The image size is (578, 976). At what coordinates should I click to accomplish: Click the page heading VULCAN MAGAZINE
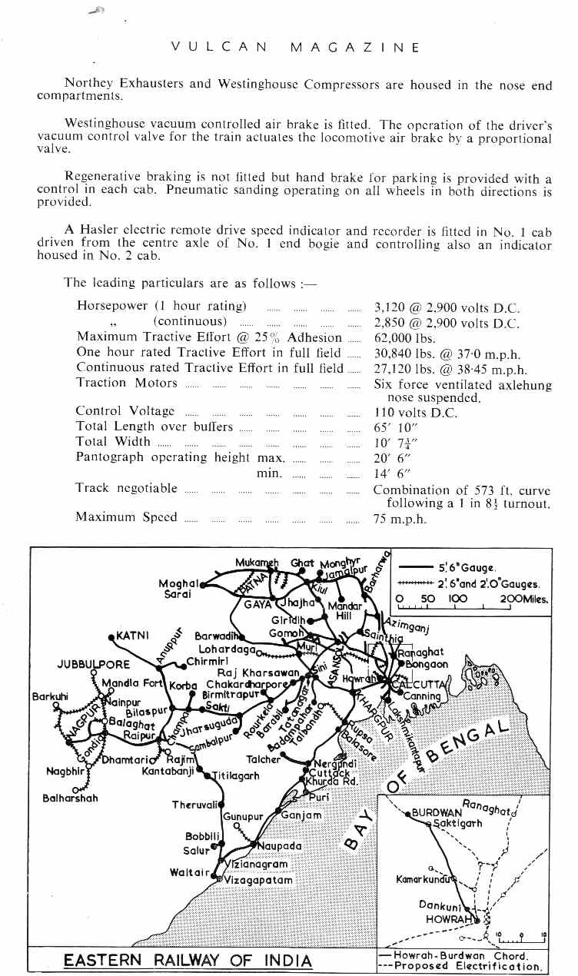pos(295,47)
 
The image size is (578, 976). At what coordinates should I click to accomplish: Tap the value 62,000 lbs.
pos(405,337)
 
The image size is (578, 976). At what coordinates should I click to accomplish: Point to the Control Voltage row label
pos(125,412)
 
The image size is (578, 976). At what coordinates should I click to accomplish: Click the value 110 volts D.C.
pos(415,413)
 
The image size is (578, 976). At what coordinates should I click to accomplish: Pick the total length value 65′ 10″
pos(397,427)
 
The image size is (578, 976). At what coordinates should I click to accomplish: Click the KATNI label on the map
pos(132,636)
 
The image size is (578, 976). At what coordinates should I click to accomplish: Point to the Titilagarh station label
pos(234,776)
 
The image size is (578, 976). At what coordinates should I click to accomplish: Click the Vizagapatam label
pos(258,880)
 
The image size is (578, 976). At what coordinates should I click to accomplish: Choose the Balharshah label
pos(70,798)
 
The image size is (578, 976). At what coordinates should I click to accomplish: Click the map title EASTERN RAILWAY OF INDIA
pos(188,961)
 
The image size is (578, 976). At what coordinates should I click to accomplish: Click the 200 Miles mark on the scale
pos(523,599)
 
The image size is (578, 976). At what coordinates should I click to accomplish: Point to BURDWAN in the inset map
pos(437,812)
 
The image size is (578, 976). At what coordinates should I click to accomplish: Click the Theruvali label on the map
pos(197,805)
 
